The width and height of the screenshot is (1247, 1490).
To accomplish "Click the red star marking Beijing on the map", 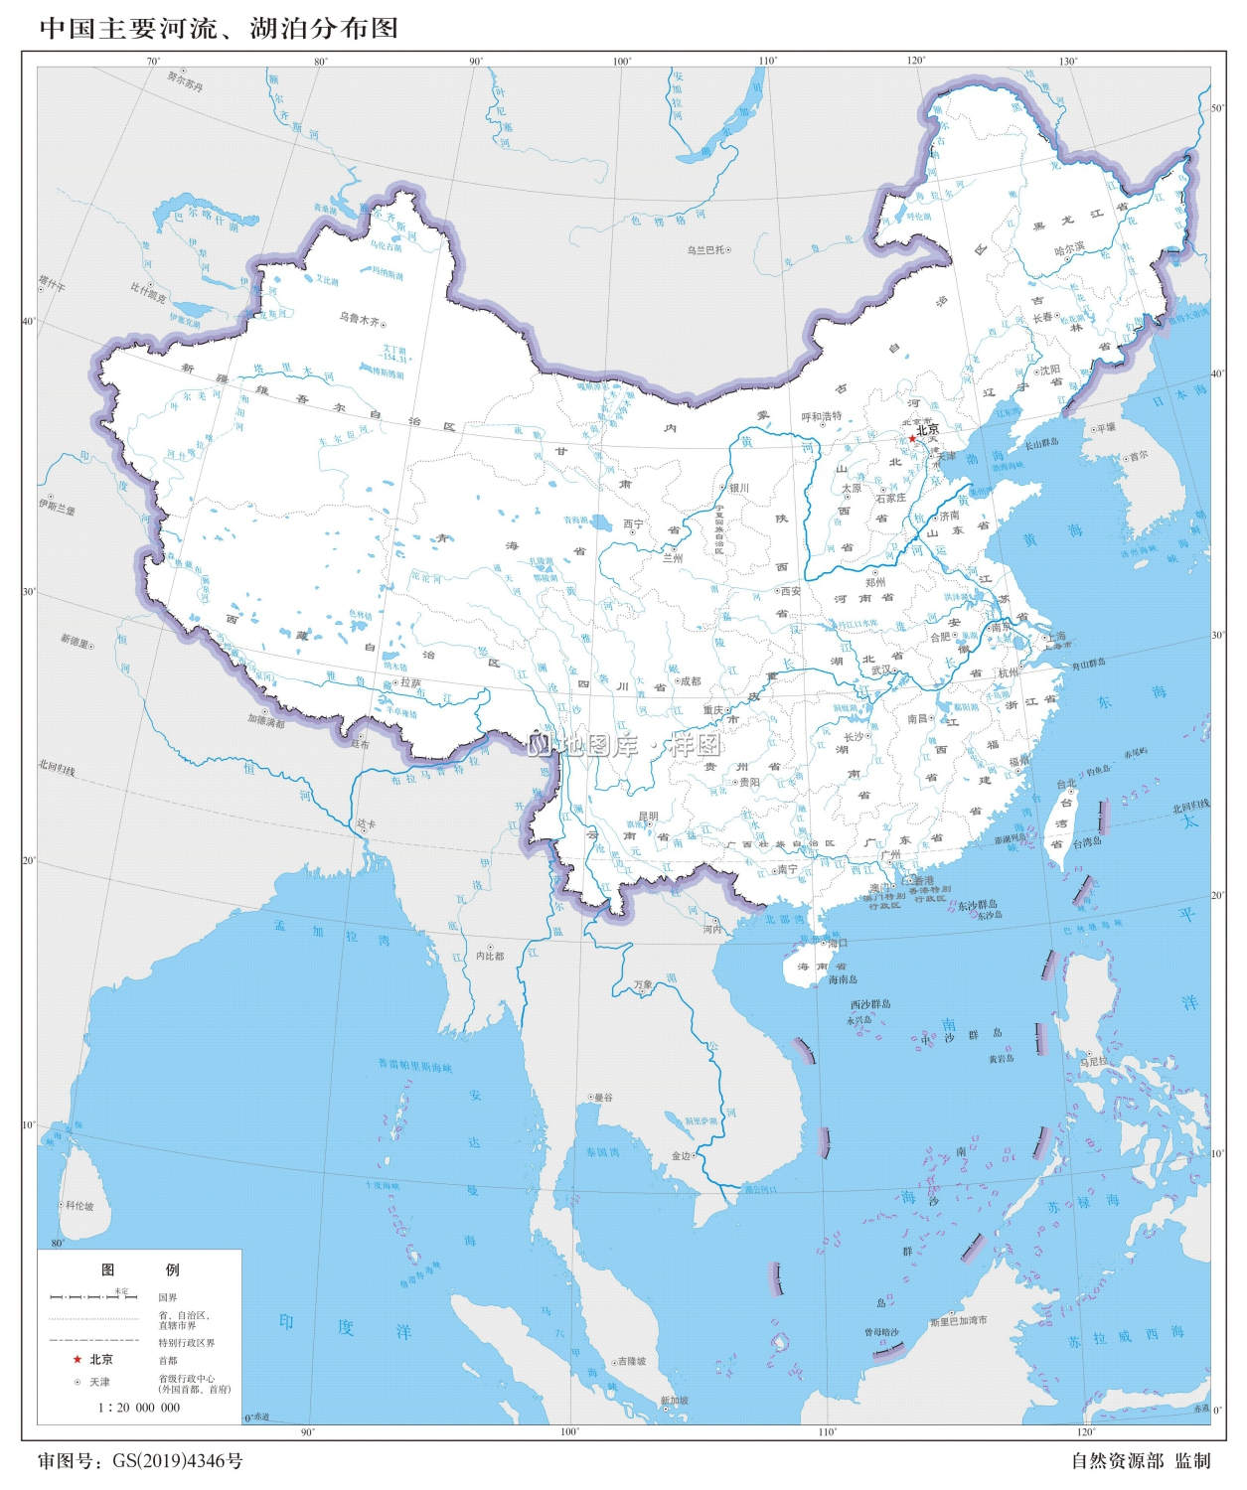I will coord(911,438).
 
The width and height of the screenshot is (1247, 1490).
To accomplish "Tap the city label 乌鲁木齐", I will coord(359,319).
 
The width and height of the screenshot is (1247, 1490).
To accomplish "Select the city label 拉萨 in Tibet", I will coord(410,683).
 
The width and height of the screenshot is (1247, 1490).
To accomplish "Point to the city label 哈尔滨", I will coord(1069,248).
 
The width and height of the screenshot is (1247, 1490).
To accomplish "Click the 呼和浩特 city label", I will coord(822,416).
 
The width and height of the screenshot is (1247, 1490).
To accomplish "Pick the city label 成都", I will coord(690,681).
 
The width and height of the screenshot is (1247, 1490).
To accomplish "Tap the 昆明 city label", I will coord(648,817).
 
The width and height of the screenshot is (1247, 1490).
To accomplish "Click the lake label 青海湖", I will coord(576,520).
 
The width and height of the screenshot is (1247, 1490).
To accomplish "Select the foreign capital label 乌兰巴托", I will coord(705,250).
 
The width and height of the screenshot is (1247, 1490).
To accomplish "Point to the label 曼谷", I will coord(603,1098).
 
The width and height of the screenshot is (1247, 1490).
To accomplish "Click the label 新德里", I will coord(75,640).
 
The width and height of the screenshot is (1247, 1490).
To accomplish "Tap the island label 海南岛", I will coord(843,979).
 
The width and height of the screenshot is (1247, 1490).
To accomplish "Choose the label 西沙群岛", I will coord(869,1004).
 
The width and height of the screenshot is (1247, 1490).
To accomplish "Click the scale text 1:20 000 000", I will coord(139,1408).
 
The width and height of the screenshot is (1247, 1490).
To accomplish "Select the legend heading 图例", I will coord(139,1269).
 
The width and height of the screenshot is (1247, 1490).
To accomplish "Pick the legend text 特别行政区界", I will coord(187,1343).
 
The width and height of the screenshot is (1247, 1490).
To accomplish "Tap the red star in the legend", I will coord(77,1360).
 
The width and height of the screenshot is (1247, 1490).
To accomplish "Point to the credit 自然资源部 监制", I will coord(1141,1461).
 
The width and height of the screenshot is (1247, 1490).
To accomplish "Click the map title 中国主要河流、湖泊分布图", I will coord(219,28).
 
